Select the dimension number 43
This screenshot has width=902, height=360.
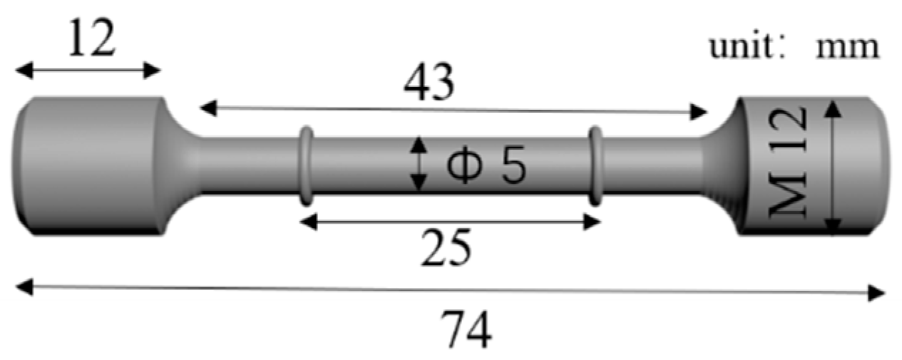pyautogui.click(x=428, y=84)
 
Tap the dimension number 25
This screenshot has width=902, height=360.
pyautogui.click(x=446, y=247)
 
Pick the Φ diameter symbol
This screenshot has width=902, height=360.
pyautogui.click(x=462, y=167)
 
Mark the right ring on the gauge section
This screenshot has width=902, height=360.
pyautogui.click(x=595, y=163)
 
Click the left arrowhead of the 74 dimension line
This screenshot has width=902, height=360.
pyautogui.click(x=21, y=287)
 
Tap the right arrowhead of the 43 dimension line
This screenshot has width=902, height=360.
pyautogui.click(x=701, y=111)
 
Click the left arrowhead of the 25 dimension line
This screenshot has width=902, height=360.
pyautogui.click(x=306, y=222)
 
